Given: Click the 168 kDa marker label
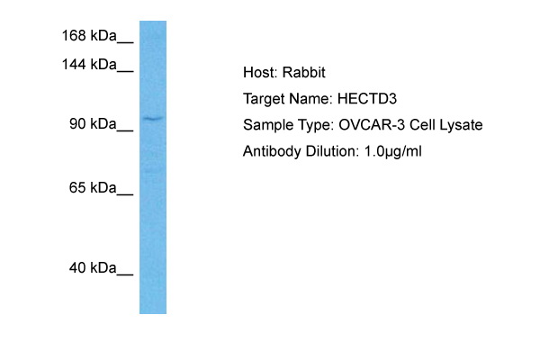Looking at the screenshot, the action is pyautogui.click(x=89, y=35).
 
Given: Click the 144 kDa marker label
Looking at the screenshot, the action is pyautogui.click(x=89, y=65).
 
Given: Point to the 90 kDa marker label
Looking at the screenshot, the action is pyautogui.click(x=93, y=123).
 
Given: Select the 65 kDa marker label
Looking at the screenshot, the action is pyautogui.click(x=93, y=188).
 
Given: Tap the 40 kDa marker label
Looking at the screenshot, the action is pyautogui.click(x=93, y=267).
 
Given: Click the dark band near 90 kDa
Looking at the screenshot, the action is pyautogui.click(x=153, y=119).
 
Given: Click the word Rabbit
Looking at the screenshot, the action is pyautogui.click(x=304, y=72).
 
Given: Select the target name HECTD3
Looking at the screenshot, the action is pyautogui.click(x=367, y=98).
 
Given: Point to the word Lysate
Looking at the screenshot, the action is pyautogui.click(x=461, y=125).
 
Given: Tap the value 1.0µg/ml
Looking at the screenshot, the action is pyautogui.click(x=393, y=151).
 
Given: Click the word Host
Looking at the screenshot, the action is pyautogui.click(x=260, y=72).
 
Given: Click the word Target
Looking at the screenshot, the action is pyautogui.click(x=264, y=99).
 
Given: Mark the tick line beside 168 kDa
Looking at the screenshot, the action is pyautogui.click(x=125, y=42).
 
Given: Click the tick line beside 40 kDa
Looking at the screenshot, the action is pyautogui.click(x=125, y=274).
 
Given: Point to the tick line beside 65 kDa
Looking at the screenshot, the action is pyautogui.click(x=125, y=195).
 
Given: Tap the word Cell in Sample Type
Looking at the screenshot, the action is pyautogui.click(x=422, y=125).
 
